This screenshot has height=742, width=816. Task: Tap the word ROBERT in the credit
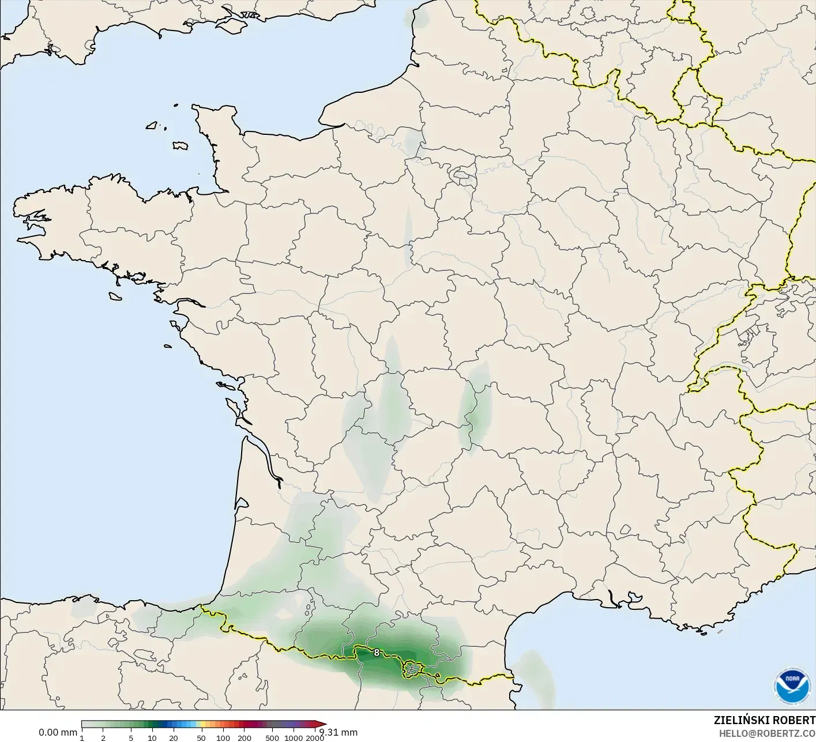click(x=795, y=721)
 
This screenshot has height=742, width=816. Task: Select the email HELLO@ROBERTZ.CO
click(x=767, y=733)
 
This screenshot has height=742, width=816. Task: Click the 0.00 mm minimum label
click(x=58, y=732)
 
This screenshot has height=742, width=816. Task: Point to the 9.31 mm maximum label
click(x=339, y=732)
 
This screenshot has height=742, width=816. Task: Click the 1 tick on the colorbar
click(x=82, y=737)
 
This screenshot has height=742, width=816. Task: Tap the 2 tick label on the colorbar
click(x=103, y=737)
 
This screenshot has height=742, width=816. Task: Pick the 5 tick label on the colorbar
click(x=131, y=737)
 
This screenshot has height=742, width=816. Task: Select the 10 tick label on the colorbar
click(x=152, y=737)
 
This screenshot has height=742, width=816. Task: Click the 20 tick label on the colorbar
click(x=173, y=737)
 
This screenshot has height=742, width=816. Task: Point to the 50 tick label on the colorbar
click(x=201, y=737)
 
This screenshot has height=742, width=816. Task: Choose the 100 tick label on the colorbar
click(x=223, y=737)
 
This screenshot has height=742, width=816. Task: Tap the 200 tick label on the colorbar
click(x=245, y=737)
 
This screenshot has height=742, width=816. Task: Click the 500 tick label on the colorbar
click(x=272, y=737)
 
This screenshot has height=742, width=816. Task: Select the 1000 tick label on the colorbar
click(x=294, y=737)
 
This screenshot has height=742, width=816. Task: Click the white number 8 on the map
click(x=377, y=653)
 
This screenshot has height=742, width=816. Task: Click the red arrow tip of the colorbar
click(x=323, y=725)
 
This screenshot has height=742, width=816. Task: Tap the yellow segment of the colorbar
click(x=199, y=725)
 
